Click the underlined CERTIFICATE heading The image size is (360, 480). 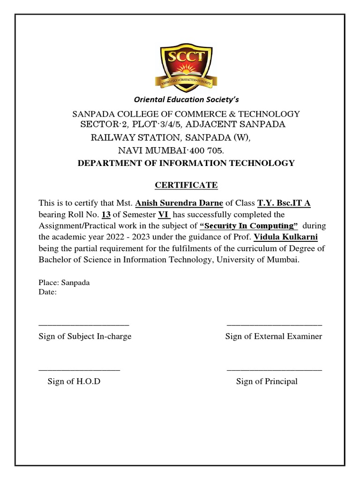pyautogui.click(x=186, y=185)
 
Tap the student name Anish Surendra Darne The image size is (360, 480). pyautogui.click(x=179, y=203)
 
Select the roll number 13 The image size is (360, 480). pyautogui.click(x=106, y=215)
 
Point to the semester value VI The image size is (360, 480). pyautogui.click(x=164, y=215)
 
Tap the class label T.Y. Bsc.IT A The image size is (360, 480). pyautogui.click(x=284, y=203)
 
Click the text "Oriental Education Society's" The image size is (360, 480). pyautogui.click(x=187, y=99)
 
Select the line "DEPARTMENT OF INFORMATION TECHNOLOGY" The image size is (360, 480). pyautogui.click(x=186, y=163)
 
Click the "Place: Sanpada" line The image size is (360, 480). pyautogui.click(x=64, y=283)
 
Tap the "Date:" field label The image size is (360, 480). pyautogui.click(x=48, y=292)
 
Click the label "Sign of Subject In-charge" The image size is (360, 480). pyautogui.click(x=85, y=337)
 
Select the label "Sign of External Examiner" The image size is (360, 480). pyautogui.click(x=274, y=337)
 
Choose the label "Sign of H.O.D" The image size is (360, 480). pyautogui.click(x=74, y=382)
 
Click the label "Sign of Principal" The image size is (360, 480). pyautogui.click(x=267, y=382)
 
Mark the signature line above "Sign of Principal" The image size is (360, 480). pyautogui.click(x=274, y=370)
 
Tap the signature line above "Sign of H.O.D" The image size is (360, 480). pyautogui.click(x=79, y=370)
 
